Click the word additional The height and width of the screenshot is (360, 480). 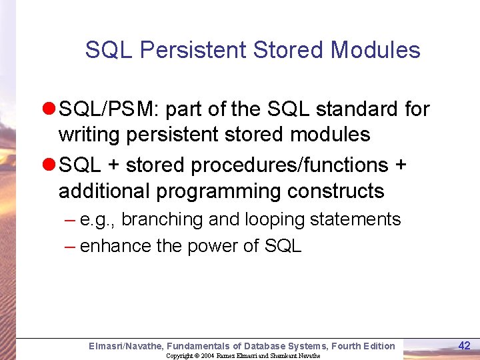(x=104, y=191)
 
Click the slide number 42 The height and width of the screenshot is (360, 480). (x=464, y=345)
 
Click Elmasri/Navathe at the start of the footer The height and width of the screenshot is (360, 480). (x=125, y=345)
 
